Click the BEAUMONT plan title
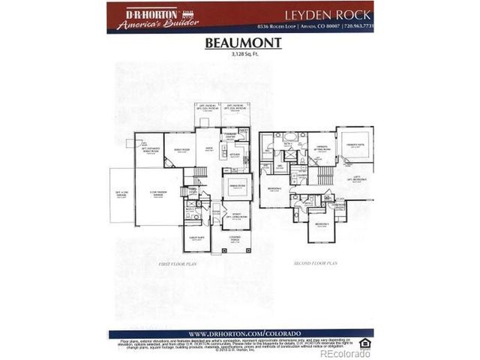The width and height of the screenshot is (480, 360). [243, 43]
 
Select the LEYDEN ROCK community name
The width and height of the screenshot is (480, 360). [327, 14]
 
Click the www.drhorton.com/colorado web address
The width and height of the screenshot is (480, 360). [240, 334]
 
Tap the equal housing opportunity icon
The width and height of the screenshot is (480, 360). [365, 343]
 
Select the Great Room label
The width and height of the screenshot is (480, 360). [180, 151]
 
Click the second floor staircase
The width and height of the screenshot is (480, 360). [325, 175]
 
